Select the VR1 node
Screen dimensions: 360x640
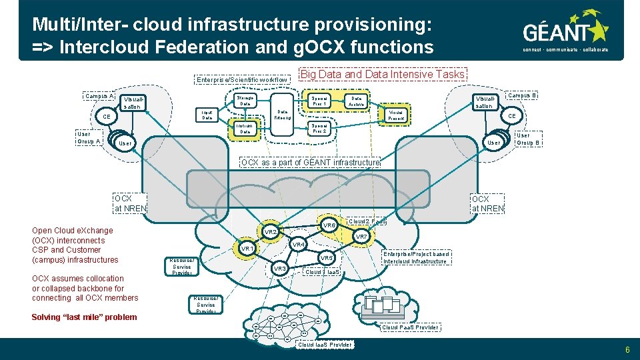tap(247, 249)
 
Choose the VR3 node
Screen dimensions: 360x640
tap(280, 269)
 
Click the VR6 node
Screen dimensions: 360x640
tap(329, 226)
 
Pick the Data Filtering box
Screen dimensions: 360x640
tap(282, 115)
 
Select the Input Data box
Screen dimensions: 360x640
tap(207, 115)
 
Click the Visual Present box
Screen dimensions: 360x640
tap(396, 115)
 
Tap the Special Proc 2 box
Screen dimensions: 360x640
tap(319, 128)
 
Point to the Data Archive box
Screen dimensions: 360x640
tap(357, 101)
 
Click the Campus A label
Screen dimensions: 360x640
tap(99, 96)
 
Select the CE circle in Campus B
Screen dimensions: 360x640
tap(511, 116)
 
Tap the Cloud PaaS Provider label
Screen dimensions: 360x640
tap(410, 327)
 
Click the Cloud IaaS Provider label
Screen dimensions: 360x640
tap(325, 345)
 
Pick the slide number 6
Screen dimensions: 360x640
tap(627, 349)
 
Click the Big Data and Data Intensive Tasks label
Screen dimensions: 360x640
tap(383, 75)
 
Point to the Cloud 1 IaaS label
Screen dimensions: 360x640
tap(323, 272)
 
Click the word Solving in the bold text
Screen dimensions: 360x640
tap(46, 317)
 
